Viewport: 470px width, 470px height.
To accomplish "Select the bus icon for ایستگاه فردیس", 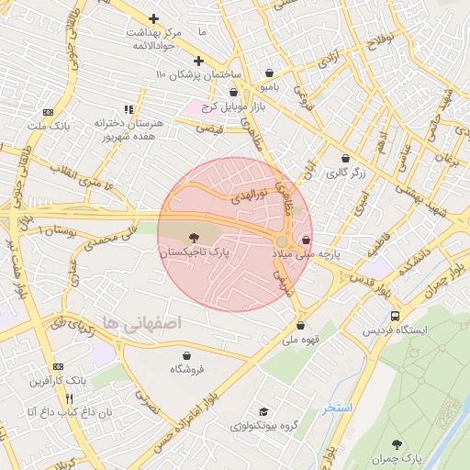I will click(369, 315).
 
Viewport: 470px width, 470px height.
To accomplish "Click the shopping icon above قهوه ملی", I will click(300, 325).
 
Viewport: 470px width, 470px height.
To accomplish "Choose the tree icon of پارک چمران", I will click(397, 443).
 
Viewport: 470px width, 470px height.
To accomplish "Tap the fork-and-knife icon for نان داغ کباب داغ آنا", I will click(70, 398).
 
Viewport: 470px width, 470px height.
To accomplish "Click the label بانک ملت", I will click(46, 125).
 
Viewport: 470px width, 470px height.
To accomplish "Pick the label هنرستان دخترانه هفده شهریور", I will click(128, 129).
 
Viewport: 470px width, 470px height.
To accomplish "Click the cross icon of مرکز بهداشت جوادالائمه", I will click(153, 18).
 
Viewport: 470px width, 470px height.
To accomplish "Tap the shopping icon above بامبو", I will click(268, 73).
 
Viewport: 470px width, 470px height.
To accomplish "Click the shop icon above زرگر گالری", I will click(345, 157).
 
